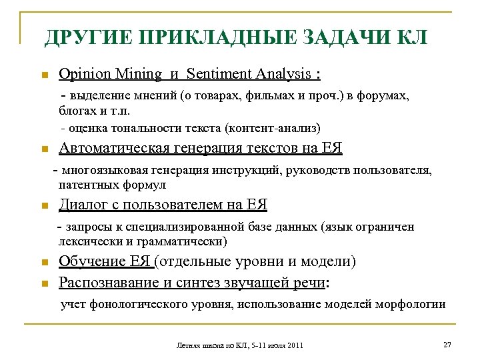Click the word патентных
pyautogui.click(x=87, y=184)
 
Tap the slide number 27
pyautogui.click(x=447, y=344)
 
